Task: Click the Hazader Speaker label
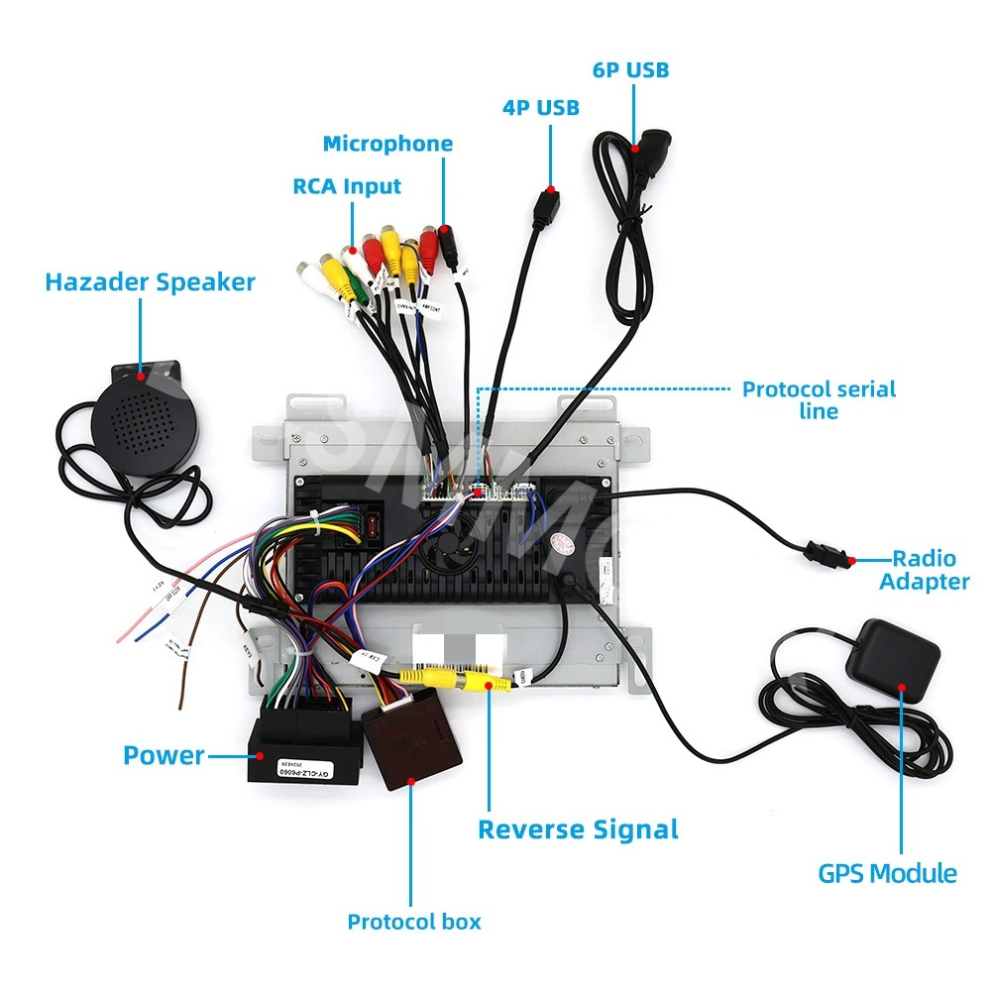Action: pos(150,281)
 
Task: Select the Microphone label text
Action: pos(387,144)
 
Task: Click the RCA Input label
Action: pos(347,186)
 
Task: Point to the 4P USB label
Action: pos(540,107)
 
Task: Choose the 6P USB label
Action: pos(630,69)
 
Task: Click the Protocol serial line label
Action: pos(819,399)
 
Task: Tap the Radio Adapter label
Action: pos(924,570)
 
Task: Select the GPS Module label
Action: pos(887,873)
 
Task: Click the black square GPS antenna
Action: pos(898,658)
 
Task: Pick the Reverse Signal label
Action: pos(578,829)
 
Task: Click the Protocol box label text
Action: pos(413,922)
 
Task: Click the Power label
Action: pos(164,755)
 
